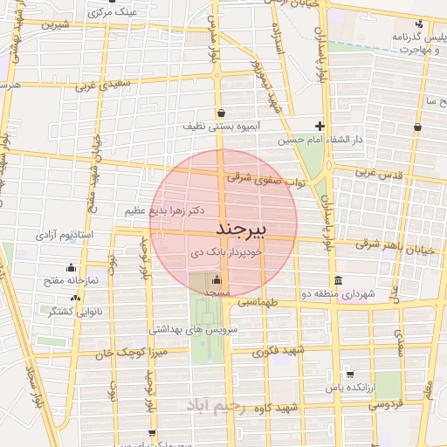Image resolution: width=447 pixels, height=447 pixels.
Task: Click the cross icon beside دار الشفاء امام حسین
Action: coord(320,126)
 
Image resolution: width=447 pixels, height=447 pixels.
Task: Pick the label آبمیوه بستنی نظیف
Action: coord(222,127)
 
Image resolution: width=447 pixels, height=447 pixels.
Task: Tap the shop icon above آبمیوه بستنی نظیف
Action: coord(223,112)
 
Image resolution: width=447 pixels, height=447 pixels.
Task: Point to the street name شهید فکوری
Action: coord(279,352)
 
